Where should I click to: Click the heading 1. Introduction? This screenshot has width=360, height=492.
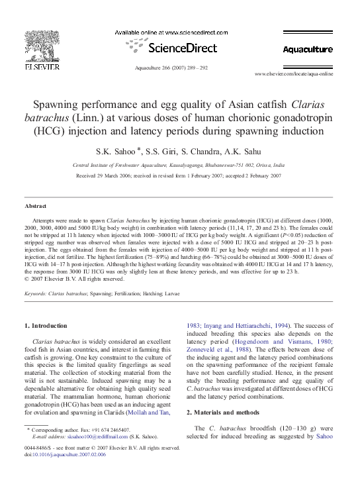[x=46, y=326]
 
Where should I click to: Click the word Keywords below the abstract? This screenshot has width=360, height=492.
[x=37, y=293]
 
